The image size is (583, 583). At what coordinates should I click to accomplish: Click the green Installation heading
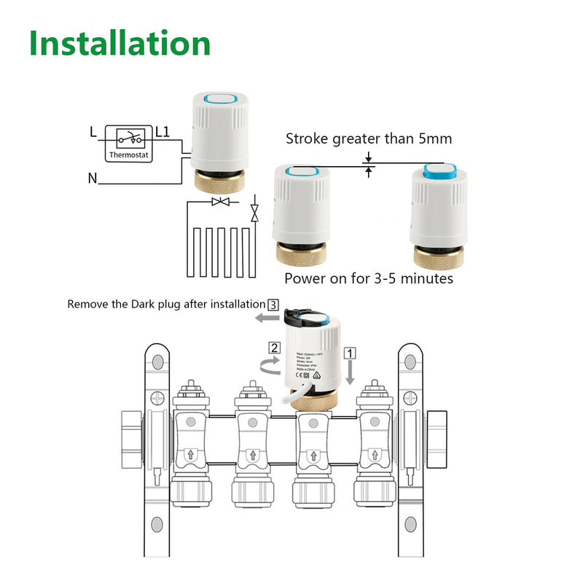[120, 44]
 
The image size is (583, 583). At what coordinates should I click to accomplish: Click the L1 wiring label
[163, 133]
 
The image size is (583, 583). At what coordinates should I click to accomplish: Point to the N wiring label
[92, 178]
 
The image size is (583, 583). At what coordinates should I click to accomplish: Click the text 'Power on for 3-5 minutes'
[369, 278]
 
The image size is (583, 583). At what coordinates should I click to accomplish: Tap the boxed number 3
[273, 304]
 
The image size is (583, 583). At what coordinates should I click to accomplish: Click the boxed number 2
[274, 348]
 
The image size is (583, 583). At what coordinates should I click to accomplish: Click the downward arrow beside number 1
[351, 374]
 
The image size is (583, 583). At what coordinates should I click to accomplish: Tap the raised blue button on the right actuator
[439, 174]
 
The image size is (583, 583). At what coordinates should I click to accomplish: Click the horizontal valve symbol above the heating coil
[220, 201]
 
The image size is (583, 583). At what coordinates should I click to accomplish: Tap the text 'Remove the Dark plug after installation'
[166, 304]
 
